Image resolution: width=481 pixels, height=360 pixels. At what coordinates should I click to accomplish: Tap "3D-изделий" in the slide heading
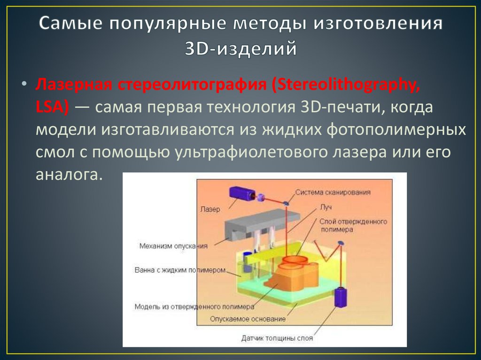[240, 49]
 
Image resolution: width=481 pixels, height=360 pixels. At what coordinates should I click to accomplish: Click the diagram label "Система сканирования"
[333, 191]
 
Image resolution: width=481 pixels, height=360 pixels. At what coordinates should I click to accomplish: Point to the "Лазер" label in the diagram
[209, 209]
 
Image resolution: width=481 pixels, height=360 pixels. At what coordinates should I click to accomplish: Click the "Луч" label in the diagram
[326, 206]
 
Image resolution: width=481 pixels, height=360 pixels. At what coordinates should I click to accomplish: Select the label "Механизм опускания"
[173, 245]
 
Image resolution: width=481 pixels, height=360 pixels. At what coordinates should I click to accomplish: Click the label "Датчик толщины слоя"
[277, 337]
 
